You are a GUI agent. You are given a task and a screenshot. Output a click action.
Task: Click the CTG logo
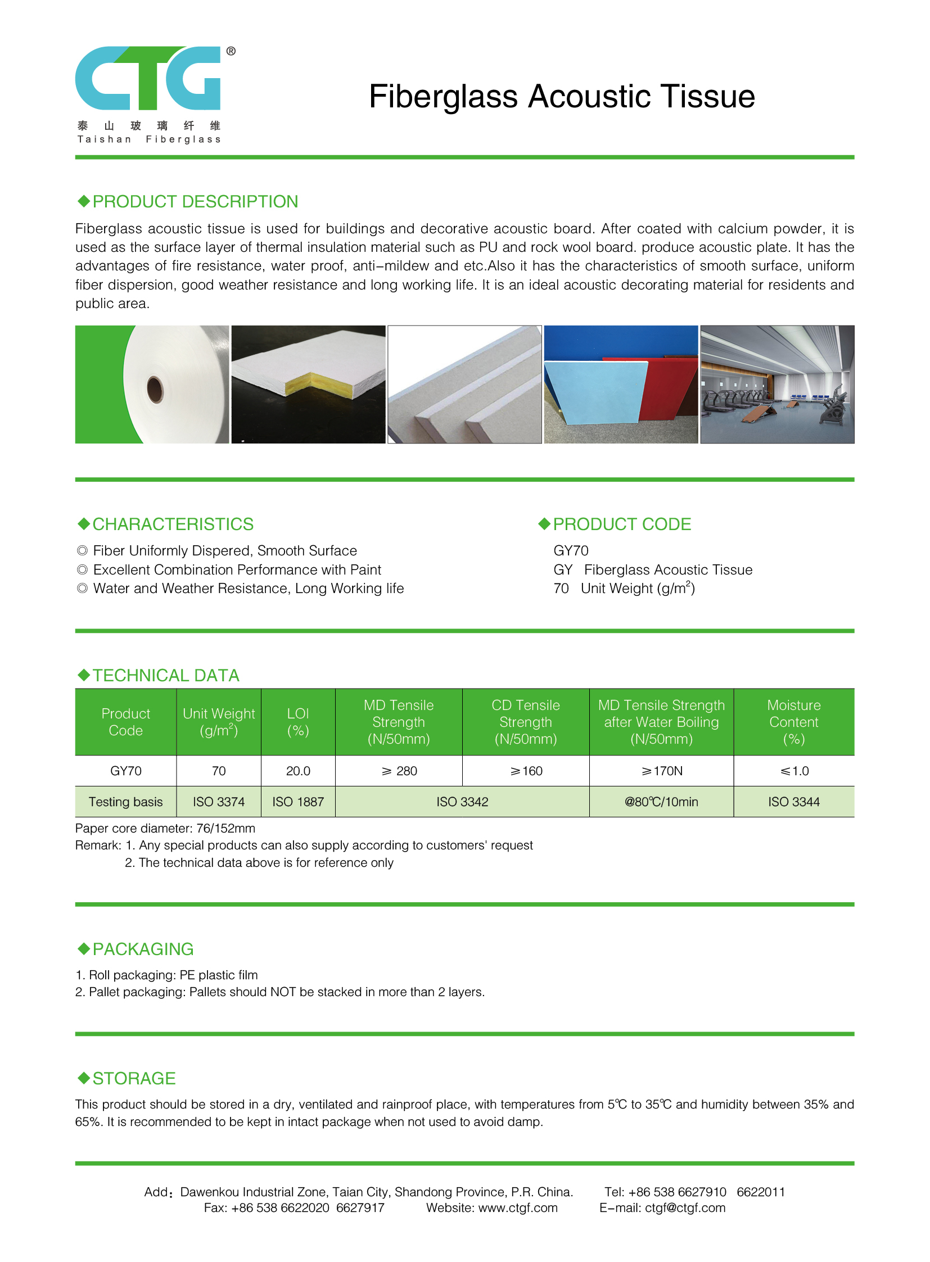(148, 78)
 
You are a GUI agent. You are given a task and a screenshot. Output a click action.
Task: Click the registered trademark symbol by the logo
(231, 51)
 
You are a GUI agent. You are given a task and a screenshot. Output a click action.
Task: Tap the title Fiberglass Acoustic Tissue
(561, 96)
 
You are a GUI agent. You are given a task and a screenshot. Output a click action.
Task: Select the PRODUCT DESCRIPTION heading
(195, 201)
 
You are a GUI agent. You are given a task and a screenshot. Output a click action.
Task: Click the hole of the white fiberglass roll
(155, 388)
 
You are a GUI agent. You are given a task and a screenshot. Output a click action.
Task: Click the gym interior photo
(777, 385)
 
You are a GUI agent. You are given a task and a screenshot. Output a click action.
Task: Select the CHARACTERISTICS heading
(173, 524)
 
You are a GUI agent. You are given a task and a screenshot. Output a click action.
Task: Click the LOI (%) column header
(298, 722)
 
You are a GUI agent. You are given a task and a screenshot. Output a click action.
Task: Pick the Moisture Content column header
(794, 722)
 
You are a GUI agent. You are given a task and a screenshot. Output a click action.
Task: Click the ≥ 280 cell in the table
(399, 771)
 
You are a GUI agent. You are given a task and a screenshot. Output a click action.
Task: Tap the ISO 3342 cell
(462, 802)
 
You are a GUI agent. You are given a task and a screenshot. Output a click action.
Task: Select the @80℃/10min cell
(661, 802)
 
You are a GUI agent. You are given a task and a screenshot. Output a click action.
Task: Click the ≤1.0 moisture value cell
(794, 771)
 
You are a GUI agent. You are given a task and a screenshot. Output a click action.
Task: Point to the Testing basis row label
(125, 802)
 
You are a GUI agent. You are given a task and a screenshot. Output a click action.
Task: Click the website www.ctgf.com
(518, 1207)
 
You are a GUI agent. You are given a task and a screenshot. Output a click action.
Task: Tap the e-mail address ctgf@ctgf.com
(685, 1207)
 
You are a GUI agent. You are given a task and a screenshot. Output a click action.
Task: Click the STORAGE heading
(134, 1078)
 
